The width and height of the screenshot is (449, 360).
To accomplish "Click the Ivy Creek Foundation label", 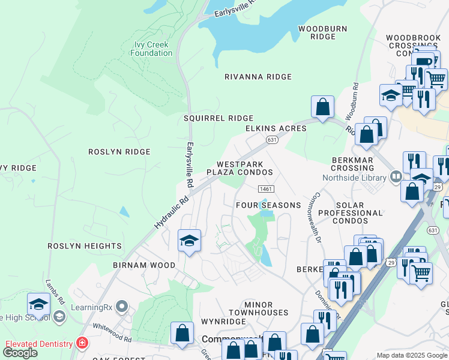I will click(152, 49).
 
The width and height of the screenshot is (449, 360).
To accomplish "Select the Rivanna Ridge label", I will click(258, 77).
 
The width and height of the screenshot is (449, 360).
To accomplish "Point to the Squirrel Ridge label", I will click(218, 118).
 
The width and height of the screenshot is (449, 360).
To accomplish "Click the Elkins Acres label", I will click(276, 128).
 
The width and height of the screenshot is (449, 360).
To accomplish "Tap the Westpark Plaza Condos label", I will click(240, 168).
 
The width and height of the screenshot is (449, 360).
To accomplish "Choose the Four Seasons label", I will click(268, 205).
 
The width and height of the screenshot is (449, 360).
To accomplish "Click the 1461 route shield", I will click(267, 189).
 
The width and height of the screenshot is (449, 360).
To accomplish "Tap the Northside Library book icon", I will click(396, 177).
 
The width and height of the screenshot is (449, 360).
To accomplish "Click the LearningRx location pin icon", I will click(122, 307).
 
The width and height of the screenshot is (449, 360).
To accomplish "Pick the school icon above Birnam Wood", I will click(189, 241).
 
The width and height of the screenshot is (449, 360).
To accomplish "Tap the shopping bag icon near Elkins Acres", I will click(322, 107).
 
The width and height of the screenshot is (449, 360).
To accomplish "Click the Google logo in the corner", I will click(20, 352).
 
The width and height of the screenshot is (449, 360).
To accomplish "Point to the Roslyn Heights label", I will click(85, 246).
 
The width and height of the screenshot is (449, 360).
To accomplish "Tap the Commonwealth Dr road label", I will click(313, 218).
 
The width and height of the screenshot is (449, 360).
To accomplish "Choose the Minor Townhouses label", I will click(258, 309).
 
